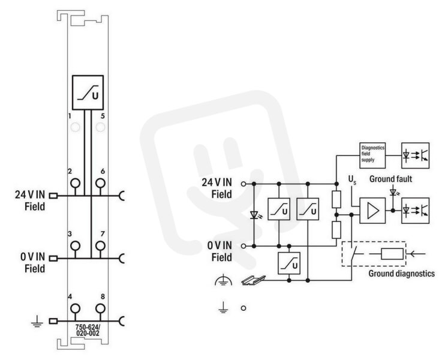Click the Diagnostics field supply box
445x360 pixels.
pyautogui.click(x=372, y=155)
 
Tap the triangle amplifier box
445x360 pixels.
pyautogui.click(x=372, y=211)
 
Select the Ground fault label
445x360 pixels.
pyautogui.click(x=390, y=179)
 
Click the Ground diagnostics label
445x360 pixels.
pyautogui.click(x=401, y=274)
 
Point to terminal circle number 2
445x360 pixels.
pyautogui.click(x=75, y=183)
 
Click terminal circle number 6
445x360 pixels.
pyautogui.click(x=100, y=183)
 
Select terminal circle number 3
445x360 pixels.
pyautogui.click(x=75, y=245)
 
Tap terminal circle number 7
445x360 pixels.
pyautogui.click(x=100, y=245)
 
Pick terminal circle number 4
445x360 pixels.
pyautogui.click(x=75, y=308)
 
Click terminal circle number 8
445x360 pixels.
pyautogui.click(x=100, y=308)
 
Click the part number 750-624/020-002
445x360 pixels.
pyautogui.click(x=88, y=330)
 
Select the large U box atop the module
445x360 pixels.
pyautogui.click(x=88, y=92)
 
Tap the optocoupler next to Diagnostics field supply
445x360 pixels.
pyautogui.click(x=415, y=155)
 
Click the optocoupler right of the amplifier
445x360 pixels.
pyautogui.click(x=415, y=211)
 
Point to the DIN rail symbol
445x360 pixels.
pyautogui.click(x=254, y=280)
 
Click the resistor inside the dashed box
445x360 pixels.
pyautogui.click(x=392, y=254)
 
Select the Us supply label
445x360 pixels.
pyautogui.click(x=352, y=180)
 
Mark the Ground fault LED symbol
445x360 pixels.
pyautogui.click(x=393, y=192)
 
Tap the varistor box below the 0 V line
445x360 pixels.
pyautogui.click(x=289, y=263)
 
